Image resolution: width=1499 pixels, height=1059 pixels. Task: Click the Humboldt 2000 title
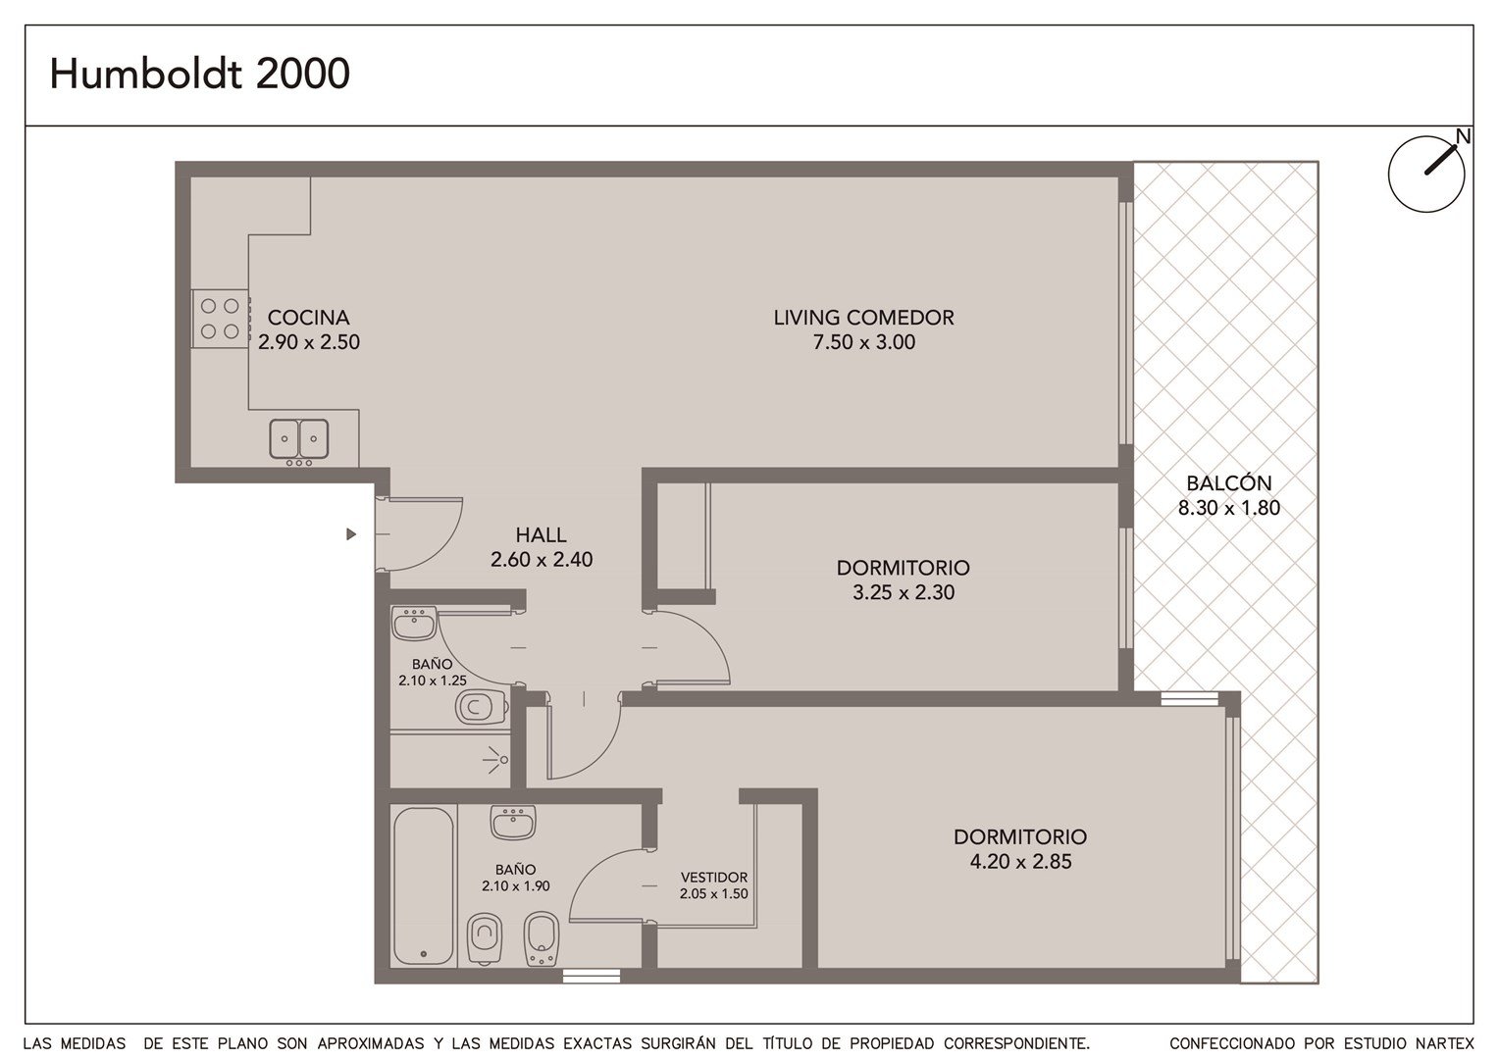pos(199,74)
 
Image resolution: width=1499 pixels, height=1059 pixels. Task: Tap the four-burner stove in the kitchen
pos(220,319)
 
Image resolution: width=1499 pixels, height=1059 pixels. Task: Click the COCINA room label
pos(308,317)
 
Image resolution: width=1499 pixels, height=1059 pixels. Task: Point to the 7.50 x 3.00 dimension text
pos(864,342)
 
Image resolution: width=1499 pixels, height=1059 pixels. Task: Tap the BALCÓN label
pos(1228,482)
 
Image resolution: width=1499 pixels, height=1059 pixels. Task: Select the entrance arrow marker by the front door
pos(350,533)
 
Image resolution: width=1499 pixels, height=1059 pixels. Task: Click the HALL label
pos(541,534)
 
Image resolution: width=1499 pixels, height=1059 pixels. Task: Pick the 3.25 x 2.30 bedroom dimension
pos(904,592)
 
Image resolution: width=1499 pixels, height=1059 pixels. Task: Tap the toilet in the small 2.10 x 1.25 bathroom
pos(481,706)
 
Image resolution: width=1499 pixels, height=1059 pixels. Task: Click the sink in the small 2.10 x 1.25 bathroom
pos(414,624)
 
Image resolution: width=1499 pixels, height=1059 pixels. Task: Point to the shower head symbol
pos(495,759)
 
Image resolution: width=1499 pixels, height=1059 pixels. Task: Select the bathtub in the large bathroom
pos(423,885)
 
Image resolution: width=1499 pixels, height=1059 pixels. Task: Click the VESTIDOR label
pos(714,877)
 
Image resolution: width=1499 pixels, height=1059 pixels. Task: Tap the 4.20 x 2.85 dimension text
pos(1020,862)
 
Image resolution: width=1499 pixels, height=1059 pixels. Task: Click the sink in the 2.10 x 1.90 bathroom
pos(513,822)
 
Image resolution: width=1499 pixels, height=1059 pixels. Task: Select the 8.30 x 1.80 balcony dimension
pos(1228,508)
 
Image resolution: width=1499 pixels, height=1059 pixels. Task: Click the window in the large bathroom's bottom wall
pos(591,976)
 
